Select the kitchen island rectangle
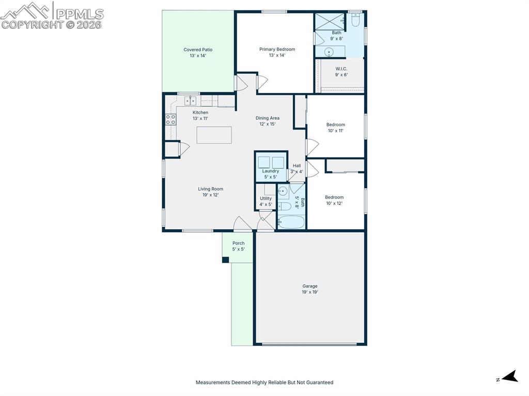click(x=214, y=135)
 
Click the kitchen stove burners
click(x=170, y=119)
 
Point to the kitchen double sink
click(x=190, y=101)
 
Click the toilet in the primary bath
click(x=355, y=20)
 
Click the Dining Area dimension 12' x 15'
click(x=267, y=124)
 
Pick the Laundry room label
click(x=270, y=171)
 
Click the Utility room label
click(x=266, y=198)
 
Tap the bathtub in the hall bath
click(x=291, y=223)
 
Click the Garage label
click(x=310, y=286)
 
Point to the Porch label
click(x=238, y=243)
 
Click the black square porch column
click(x=225, y=260)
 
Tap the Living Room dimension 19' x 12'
click(x=211, y=195)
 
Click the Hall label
click(x=297, y=166)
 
